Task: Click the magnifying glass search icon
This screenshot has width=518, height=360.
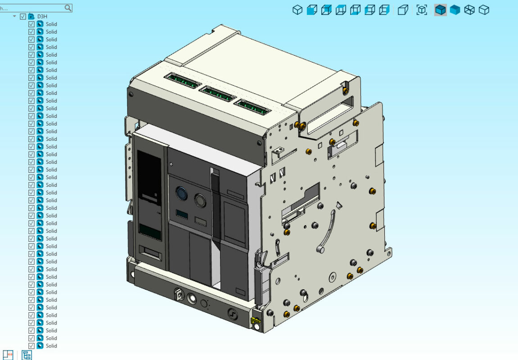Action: click(x=68, y=8)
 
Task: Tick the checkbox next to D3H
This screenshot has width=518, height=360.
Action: click(x=23, y=16)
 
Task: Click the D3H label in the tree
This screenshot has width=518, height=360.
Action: click(x=42, y=16)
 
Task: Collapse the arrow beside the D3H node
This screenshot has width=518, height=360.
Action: click(x=15, y=16)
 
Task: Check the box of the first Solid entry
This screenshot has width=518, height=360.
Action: click(x=32, y=24)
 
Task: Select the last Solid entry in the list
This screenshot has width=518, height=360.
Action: click(x=51, y=346)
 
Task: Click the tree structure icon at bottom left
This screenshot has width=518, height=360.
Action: click(x=27, y=355)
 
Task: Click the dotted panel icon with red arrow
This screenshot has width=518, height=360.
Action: click(x=8, y=355)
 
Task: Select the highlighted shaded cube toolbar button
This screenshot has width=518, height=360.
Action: click(x=440, y=10)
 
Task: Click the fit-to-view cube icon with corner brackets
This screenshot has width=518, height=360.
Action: click(x=422, y=10)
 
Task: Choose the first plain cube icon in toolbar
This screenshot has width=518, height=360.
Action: click(x=297, y=10)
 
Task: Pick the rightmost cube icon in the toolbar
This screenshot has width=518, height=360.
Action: click(x=484, y=10)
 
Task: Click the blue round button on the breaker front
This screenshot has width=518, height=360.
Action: click(x=181, y=193)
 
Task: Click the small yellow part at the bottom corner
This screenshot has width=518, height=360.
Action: click(x=255, y=321)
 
